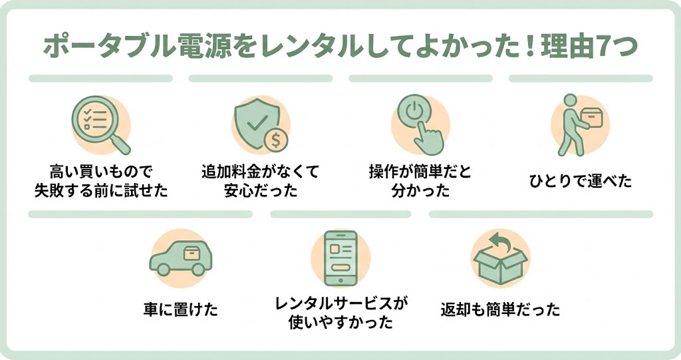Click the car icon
(179, 258)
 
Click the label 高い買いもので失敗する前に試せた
(100, 182)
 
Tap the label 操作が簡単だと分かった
(420, 182)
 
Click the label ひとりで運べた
(581, 182)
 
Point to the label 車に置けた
(180, 309)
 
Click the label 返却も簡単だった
(500, 309)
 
